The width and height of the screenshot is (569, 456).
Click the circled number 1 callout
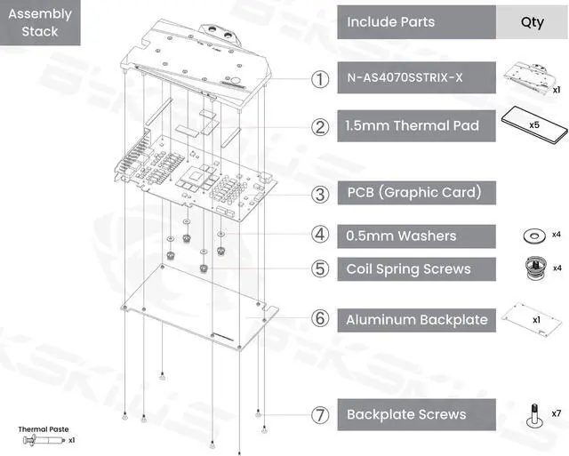320,78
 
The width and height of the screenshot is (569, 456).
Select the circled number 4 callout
320,236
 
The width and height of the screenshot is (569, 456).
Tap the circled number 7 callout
320,414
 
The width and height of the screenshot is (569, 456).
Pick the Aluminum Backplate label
416,319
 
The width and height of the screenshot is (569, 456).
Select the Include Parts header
416,22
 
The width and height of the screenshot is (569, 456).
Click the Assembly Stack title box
40,23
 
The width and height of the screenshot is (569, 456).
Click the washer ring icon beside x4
533,235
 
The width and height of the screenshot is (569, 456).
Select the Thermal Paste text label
44,429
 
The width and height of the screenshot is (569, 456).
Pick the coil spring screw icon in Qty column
533,266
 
